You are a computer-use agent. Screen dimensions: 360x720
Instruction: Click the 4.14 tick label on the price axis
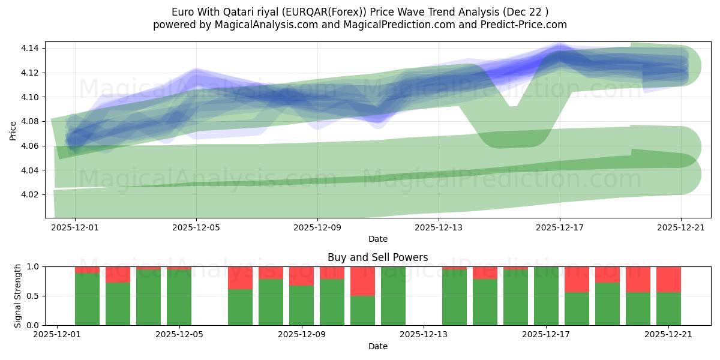pos(31,48)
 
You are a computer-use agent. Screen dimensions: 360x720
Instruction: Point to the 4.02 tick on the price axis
pos(31,195)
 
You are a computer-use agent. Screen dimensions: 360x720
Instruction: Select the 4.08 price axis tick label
pos(31,122)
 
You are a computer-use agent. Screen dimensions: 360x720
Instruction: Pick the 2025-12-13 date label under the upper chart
pos(439,227)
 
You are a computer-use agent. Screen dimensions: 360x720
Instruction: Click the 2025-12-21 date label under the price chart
pos(681,227)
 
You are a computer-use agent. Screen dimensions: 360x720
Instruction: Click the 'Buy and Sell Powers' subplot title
pos(377,257)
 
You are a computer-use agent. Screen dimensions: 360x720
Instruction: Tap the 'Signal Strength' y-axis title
pos(17,295)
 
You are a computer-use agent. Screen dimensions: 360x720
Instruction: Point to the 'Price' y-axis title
pos(13,130)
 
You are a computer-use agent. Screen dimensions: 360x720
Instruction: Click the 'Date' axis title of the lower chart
pos(377,346)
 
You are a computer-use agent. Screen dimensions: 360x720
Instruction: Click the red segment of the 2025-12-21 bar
pos(668,279)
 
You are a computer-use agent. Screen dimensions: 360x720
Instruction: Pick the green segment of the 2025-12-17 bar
pos(546,296)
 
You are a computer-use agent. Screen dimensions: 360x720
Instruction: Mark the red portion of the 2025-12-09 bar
pos(301,275)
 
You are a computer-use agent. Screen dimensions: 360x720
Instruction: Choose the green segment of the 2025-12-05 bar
pos(179,297)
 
